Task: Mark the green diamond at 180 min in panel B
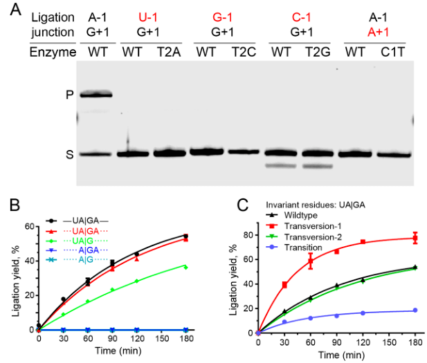pyautogui.click(x=185, y=266)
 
